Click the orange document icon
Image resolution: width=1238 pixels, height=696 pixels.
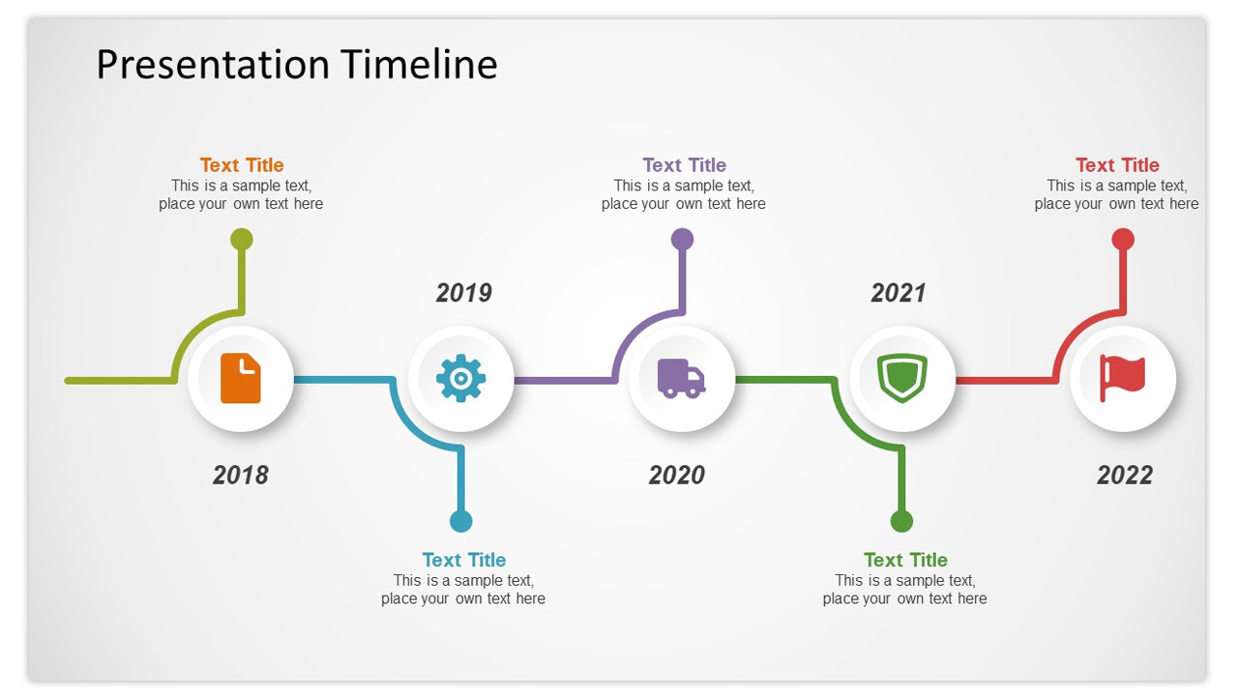coord(241,378)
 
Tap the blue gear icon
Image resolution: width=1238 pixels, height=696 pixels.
coord(461,378)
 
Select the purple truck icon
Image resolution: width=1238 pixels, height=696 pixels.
coord(681,378)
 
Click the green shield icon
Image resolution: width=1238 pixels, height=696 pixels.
coord(902,378)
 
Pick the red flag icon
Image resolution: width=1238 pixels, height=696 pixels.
coord(1123,378)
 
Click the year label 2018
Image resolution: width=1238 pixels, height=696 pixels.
coord(241,475)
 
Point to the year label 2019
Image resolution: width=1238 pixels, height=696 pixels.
coord(463,293)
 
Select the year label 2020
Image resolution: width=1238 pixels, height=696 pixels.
coord(676,475)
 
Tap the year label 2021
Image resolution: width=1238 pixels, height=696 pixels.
coord(899,293)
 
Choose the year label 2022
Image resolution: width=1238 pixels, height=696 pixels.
coord(1125,475)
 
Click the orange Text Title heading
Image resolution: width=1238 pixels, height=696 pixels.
coord(242,165)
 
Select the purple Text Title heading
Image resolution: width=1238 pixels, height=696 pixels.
coord(684,165)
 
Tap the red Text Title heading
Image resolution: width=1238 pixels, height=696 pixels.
coord(1117,165)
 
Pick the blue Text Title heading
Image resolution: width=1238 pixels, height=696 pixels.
coord(463,560)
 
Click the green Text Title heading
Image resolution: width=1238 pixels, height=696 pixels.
coord(905,560)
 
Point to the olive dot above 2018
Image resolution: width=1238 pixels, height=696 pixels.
coord(242,240)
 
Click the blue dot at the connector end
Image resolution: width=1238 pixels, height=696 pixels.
coord(461,521)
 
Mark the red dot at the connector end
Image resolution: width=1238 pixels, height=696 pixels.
coord(1123,240)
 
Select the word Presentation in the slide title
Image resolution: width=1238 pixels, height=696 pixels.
coord(214,65)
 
